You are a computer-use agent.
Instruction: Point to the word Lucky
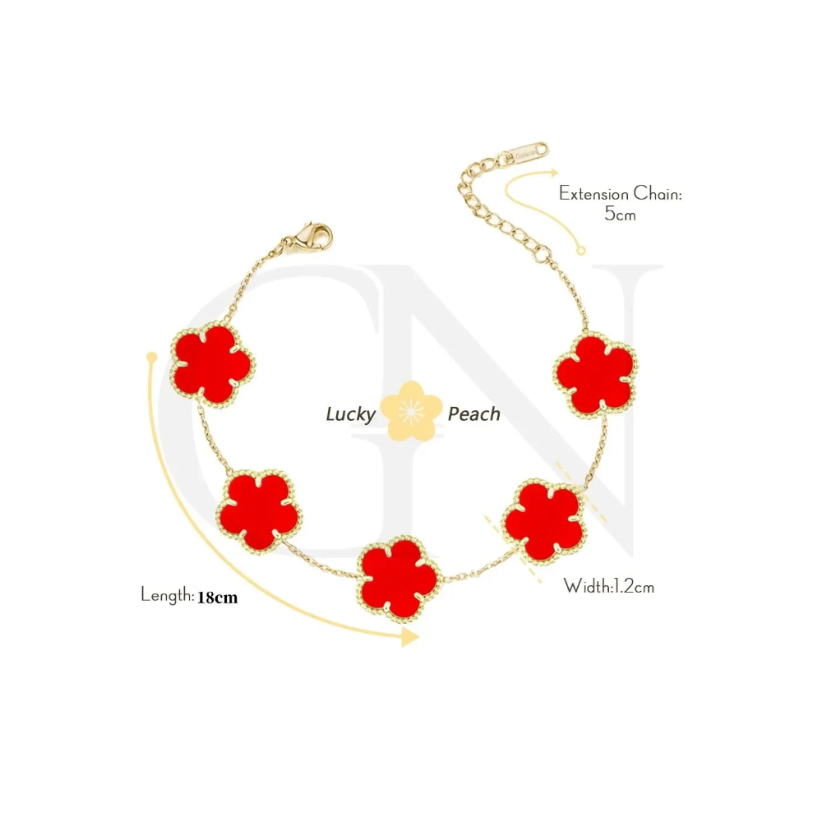click(x=350, y=414)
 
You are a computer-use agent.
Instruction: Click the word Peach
click(x=473, y=413)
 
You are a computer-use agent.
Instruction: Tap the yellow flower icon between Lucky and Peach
click(x=409, y=411)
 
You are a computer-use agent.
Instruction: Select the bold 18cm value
click(x=217, y=598)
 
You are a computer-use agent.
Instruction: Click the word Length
click(x=166, y=594)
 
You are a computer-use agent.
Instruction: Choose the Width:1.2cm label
click(x=608, y=586)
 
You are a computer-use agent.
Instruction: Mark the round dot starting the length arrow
click(x=151, y=357)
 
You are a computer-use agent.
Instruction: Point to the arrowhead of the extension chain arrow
click(x=552, y=174)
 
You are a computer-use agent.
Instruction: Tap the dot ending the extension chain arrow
click(x=582, y=251)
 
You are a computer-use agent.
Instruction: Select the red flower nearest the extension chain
click(x=595, y=373)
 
